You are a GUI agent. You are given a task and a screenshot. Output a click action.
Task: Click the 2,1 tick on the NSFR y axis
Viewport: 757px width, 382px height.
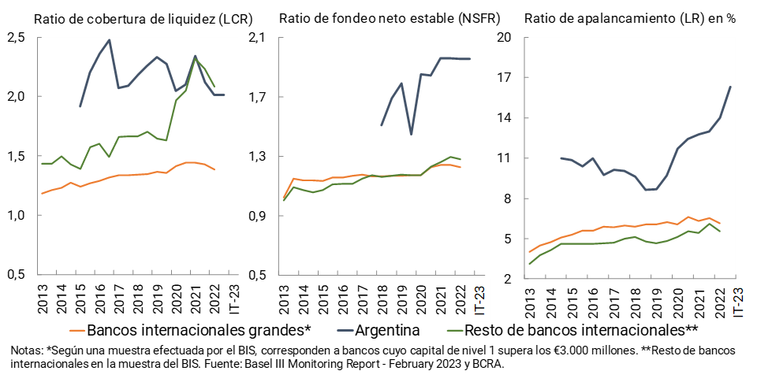[x=259, y=38]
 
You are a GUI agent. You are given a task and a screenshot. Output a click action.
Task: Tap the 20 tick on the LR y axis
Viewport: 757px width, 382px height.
[x=505, y=38]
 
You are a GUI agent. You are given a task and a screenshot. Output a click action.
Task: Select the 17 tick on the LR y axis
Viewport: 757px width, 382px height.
[x=505, y=78]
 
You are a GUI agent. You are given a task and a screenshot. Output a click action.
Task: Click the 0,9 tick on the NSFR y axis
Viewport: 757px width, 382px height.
[x=259, y=216]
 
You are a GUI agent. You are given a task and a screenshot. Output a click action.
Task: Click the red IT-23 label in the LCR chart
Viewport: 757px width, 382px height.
[x=234, y=299]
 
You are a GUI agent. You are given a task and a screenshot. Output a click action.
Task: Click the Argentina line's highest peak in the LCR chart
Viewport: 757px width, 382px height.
[x=109, y=40]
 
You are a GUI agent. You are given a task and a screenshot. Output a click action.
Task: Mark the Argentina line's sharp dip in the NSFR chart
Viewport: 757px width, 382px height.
[x=411, y=135]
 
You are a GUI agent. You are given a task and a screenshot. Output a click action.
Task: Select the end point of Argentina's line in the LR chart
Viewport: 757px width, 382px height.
[x=730, y=87]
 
